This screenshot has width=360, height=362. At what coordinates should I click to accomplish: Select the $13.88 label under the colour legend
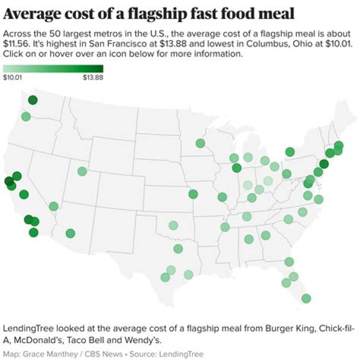(93, 78)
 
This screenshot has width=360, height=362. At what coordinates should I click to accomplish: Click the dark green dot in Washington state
(33, 100)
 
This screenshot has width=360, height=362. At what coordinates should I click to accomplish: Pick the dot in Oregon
(26, 117)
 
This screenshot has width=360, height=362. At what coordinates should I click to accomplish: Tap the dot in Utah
(82, 171)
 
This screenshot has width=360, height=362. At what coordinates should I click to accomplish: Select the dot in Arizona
(70, 233)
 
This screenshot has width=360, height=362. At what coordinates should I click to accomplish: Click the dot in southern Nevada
(53, 206)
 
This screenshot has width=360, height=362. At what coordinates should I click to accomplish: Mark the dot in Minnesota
(200, 143)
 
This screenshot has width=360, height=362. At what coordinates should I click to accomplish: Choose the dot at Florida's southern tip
(306, 298)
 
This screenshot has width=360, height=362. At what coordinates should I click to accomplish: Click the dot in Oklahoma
(173, 225)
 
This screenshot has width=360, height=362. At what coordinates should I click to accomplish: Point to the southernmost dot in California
(33, 232)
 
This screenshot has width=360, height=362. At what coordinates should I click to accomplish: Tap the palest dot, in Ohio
(268, 181)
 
